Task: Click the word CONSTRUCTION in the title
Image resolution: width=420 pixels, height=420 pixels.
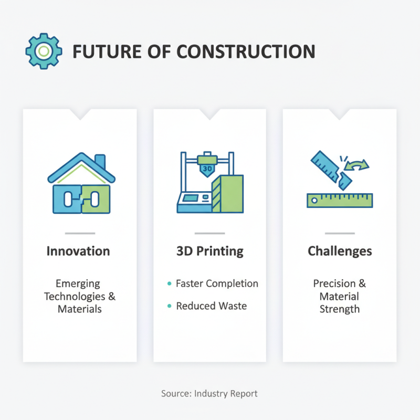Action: [246, 51]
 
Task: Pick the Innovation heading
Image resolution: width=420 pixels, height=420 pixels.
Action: [78, 251]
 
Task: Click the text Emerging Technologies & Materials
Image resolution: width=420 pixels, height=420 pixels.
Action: [80, 296]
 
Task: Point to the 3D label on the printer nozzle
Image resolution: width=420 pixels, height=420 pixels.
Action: [207, 169]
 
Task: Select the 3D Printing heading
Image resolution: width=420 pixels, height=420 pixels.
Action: [210, 251]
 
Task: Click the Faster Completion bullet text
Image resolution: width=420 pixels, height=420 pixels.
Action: [217, 283]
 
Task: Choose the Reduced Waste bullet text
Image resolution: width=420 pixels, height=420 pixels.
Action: [211, 306]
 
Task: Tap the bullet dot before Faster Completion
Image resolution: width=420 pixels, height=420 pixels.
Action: [169, 283]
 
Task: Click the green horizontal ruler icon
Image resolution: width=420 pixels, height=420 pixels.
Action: [340, 200]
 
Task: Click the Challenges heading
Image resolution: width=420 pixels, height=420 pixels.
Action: [340, 251]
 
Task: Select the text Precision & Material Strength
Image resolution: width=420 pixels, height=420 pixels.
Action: [340, 296]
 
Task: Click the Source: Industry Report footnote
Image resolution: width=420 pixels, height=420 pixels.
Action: [209, 393]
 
